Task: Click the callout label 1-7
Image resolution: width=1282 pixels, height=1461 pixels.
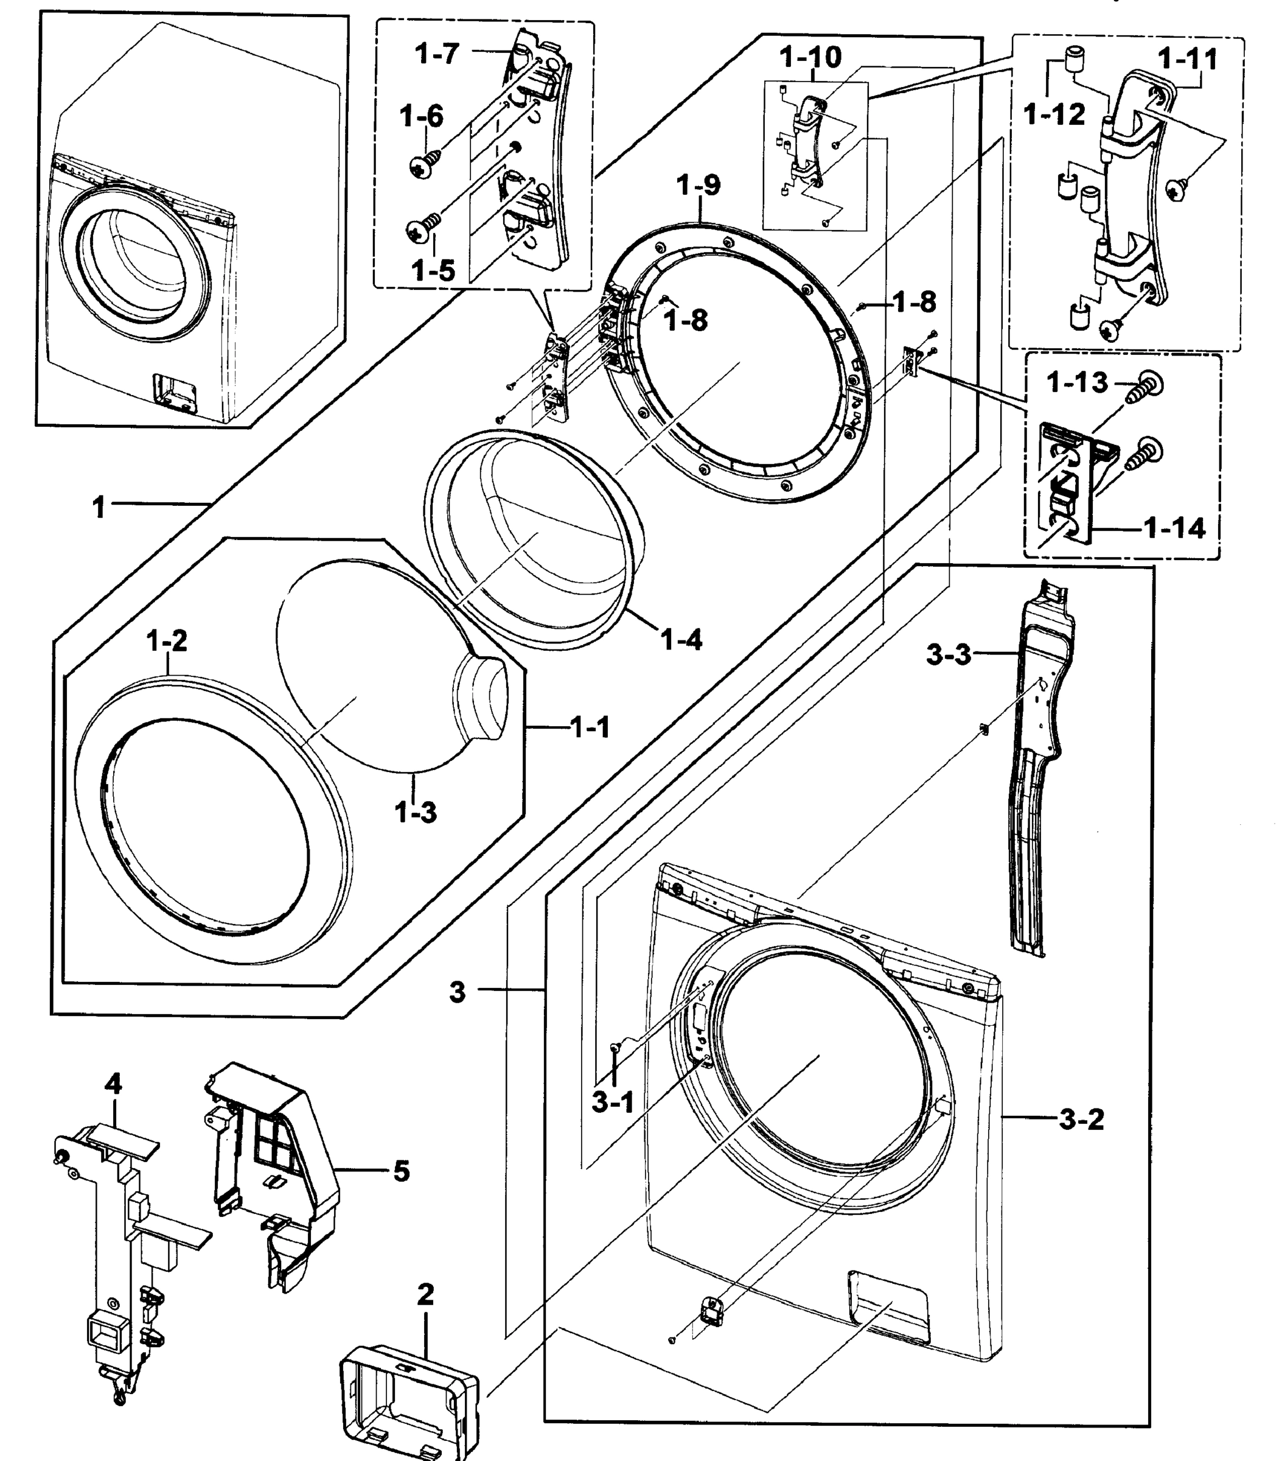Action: (x=437, y=54)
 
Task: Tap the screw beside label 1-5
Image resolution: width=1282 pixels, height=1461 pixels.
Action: (x=422, y=228)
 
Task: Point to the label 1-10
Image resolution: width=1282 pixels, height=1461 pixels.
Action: (x=810, y=57)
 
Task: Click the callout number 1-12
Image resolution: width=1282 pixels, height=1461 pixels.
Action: (x=1053, y=114)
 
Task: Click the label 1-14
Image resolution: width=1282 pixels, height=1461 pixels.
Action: (x=1174, y=528)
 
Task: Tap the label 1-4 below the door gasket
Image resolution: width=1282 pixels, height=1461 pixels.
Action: (x=681, y=640)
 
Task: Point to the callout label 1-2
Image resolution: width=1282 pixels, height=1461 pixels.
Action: (x=167, y=641)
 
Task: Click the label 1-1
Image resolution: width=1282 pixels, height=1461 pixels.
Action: (x=590, y=727)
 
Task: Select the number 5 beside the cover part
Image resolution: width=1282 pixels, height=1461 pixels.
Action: (x=402, y=1171)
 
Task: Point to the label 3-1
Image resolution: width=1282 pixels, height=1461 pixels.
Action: (x=613, y=1102)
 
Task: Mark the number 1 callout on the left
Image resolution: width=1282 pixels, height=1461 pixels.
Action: (x=99, y=508)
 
